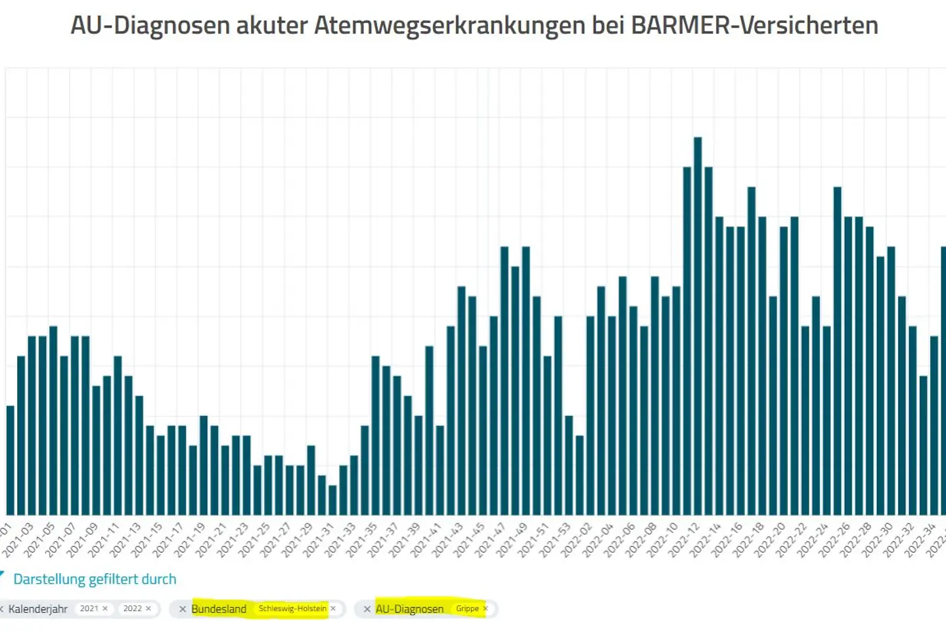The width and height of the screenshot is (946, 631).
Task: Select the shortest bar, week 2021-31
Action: (332, 500)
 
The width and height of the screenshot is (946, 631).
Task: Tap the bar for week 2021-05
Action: (53, 421)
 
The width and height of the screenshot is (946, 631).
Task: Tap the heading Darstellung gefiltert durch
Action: (95, 579)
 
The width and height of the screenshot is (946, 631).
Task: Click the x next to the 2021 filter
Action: (105, 609)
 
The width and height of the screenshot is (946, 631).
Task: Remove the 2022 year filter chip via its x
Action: (148, 609)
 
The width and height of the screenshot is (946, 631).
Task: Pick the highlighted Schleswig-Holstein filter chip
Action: (292, 609)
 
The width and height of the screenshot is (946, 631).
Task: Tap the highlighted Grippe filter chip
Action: (467, 609)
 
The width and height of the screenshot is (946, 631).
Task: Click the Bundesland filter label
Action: (219, 609)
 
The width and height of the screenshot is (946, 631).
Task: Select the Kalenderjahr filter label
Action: (38, 609)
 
